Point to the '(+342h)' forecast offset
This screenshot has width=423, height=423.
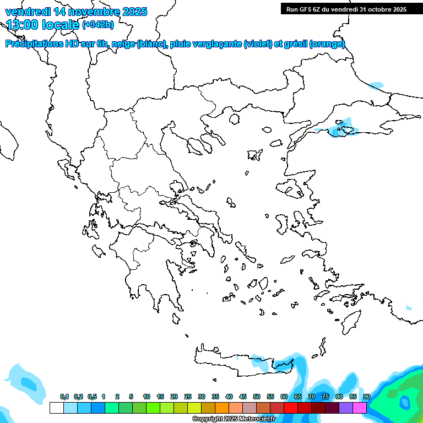click(x=97, y=25)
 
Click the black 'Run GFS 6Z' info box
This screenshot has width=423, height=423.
click(x=346, y=9)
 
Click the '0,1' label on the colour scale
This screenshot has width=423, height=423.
click(x=64, y=397)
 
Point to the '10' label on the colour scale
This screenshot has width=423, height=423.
click(x=146, y=397)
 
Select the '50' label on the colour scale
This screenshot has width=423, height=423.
click(x=257, y=397)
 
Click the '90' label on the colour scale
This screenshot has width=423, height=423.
click(x=367, y=397)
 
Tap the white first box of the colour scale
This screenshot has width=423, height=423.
click(x=56, y=408)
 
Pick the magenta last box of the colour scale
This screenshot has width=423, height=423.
click(x=360, y=408)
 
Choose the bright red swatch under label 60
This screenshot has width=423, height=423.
click(x=290, y=408)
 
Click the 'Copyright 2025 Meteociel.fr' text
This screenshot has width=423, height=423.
click(x=234, y=419)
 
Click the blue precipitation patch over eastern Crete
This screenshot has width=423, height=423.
click(x=284, y=365)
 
